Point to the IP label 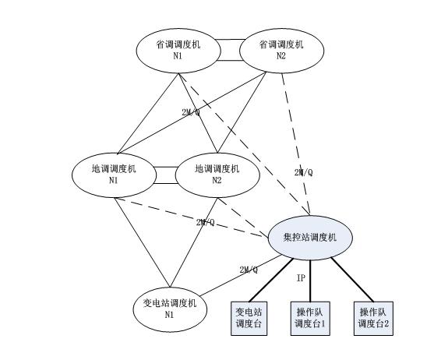click(301, 278)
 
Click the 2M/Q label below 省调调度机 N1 click(191, 112)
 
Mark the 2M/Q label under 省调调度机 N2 click(303, 173)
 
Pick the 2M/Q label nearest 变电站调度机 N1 click(249, 270)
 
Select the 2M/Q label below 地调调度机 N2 click(206, 223)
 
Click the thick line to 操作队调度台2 click(352, 279)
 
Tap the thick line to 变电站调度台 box click(271, 280)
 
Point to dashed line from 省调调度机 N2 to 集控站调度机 click(296, 144)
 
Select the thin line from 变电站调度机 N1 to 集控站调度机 click(241, 275)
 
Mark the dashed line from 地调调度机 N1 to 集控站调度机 click(191, 217)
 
